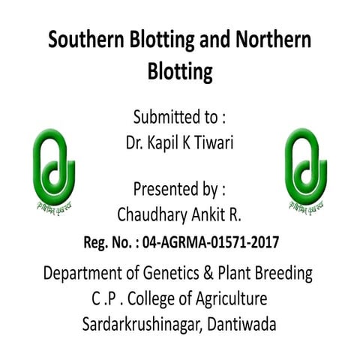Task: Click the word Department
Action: (85, 274)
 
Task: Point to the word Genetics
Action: (183, 274)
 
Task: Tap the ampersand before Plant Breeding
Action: (223, 274)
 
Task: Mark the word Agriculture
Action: (230, 301)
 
